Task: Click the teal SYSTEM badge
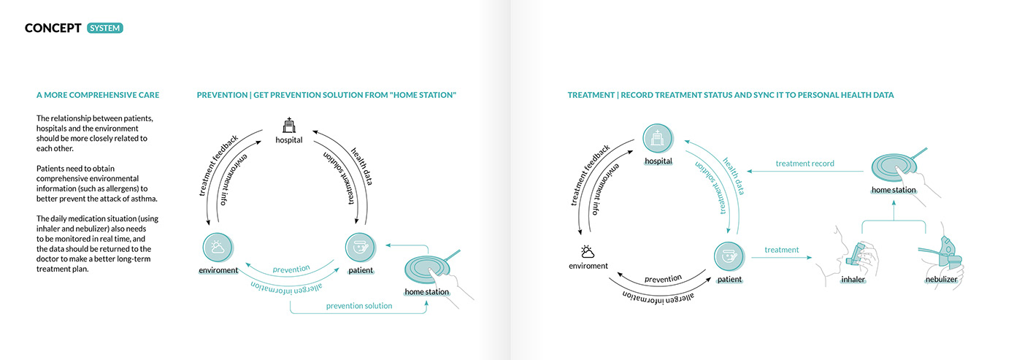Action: [x=105, y=28]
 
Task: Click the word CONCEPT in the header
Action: [x=53, y=28]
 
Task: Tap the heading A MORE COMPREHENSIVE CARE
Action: [x=98, y=96]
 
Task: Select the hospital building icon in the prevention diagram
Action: [x=289, y=124]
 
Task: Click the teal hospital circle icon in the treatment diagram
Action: [x=657, y=139]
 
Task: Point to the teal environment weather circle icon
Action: [x=218, y=248]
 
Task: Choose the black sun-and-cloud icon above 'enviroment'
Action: [x=586, y=250]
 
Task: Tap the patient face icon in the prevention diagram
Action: [x=359, y=248]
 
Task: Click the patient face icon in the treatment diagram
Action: [x=729, y=257]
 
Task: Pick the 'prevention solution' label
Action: [x=359, y=306]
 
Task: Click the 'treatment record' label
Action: [x=804, y=164]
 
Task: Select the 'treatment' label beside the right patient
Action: [x=782, y=250]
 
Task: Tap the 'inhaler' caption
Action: [x=853, y=280]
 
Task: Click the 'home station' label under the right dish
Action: [x=894, y=191]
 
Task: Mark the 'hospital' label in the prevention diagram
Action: [x=289, y=139]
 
